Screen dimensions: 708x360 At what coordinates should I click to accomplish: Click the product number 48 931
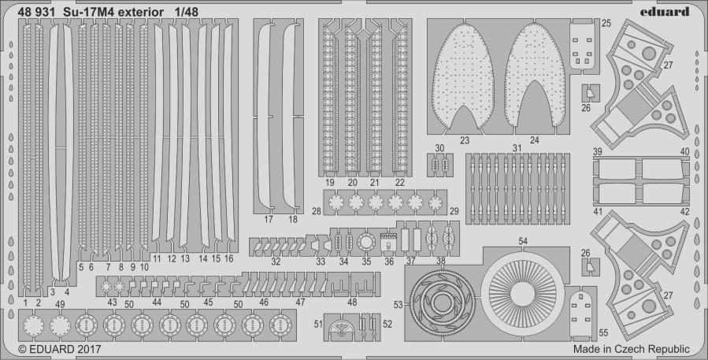pyautogui.click(x=37, y=12)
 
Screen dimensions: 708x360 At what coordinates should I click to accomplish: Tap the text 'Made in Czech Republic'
pyautogui.click(x=632, y=349)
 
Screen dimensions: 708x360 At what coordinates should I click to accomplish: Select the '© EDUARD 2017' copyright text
pyautogui.click(x=60, y=349)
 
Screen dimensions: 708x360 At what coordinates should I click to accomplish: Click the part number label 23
pyautogui.click(x=465, y=141)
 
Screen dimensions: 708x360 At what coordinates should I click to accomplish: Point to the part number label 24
pyautogui.click(x=534, y=140)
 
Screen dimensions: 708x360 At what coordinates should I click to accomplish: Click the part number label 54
pyautogui.click(x=523, y=242)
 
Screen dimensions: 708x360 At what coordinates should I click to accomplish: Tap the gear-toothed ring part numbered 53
pyautogui.click(x=442, y=302)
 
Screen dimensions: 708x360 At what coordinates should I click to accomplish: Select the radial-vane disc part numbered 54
pyautogui.click(x=522, y=294)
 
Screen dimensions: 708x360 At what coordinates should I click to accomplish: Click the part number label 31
pyautogui.click(x=517, y=148)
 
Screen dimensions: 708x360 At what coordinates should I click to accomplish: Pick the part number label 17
pyautogui.click(x=269, y=220)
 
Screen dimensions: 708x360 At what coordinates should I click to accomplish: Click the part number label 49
pyautogui.click(x=60, y=304)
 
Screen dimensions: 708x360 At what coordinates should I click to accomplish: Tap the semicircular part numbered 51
pyautogui.click(x=343, y=328)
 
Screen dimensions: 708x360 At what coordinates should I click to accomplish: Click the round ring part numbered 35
pyautogui.click(x=366, y=243)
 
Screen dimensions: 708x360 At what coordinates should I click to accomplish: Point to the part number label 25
pyautogui.click(x=606, y=23)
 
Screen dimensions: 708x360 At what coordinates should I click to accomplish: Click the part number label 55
pyautogui.click(x=603, y=333)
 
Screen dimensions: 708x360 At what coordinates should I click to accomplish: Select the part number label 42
pyautogui.click(x=684, y=211)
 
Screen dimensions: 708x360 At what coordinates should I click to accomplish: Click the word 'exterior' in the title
pyautogui.click(x=141, y=12)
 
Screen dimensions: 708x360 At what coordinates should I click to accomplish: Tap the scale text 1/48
pyautogui.click(x=187, y=12)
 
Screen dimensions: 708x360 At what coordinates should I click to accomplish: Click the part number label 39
pyautogui.click(x=598, y=151)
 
